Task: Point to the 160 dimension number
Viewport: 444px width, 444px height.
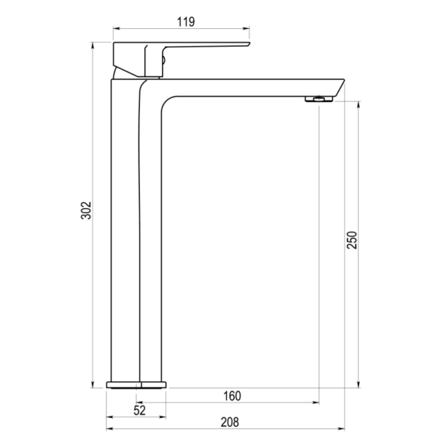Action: coord(232,396)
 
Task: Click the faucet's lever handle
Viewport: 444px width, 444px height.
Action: coord(200,46)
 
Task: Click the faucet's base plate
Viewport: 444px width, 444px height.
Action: coord(138,384)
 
